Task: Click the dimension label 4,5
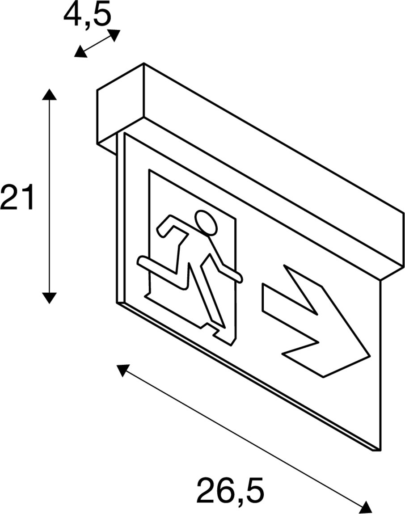pos(87,15)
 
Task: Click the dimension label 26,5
pos(230,490)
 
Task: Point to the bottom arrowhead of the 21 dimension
pos(49,297)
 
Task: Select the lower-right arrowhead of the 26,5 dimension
pos(366,506)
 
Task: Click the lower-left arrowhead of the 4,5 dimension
pos(80,53)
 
